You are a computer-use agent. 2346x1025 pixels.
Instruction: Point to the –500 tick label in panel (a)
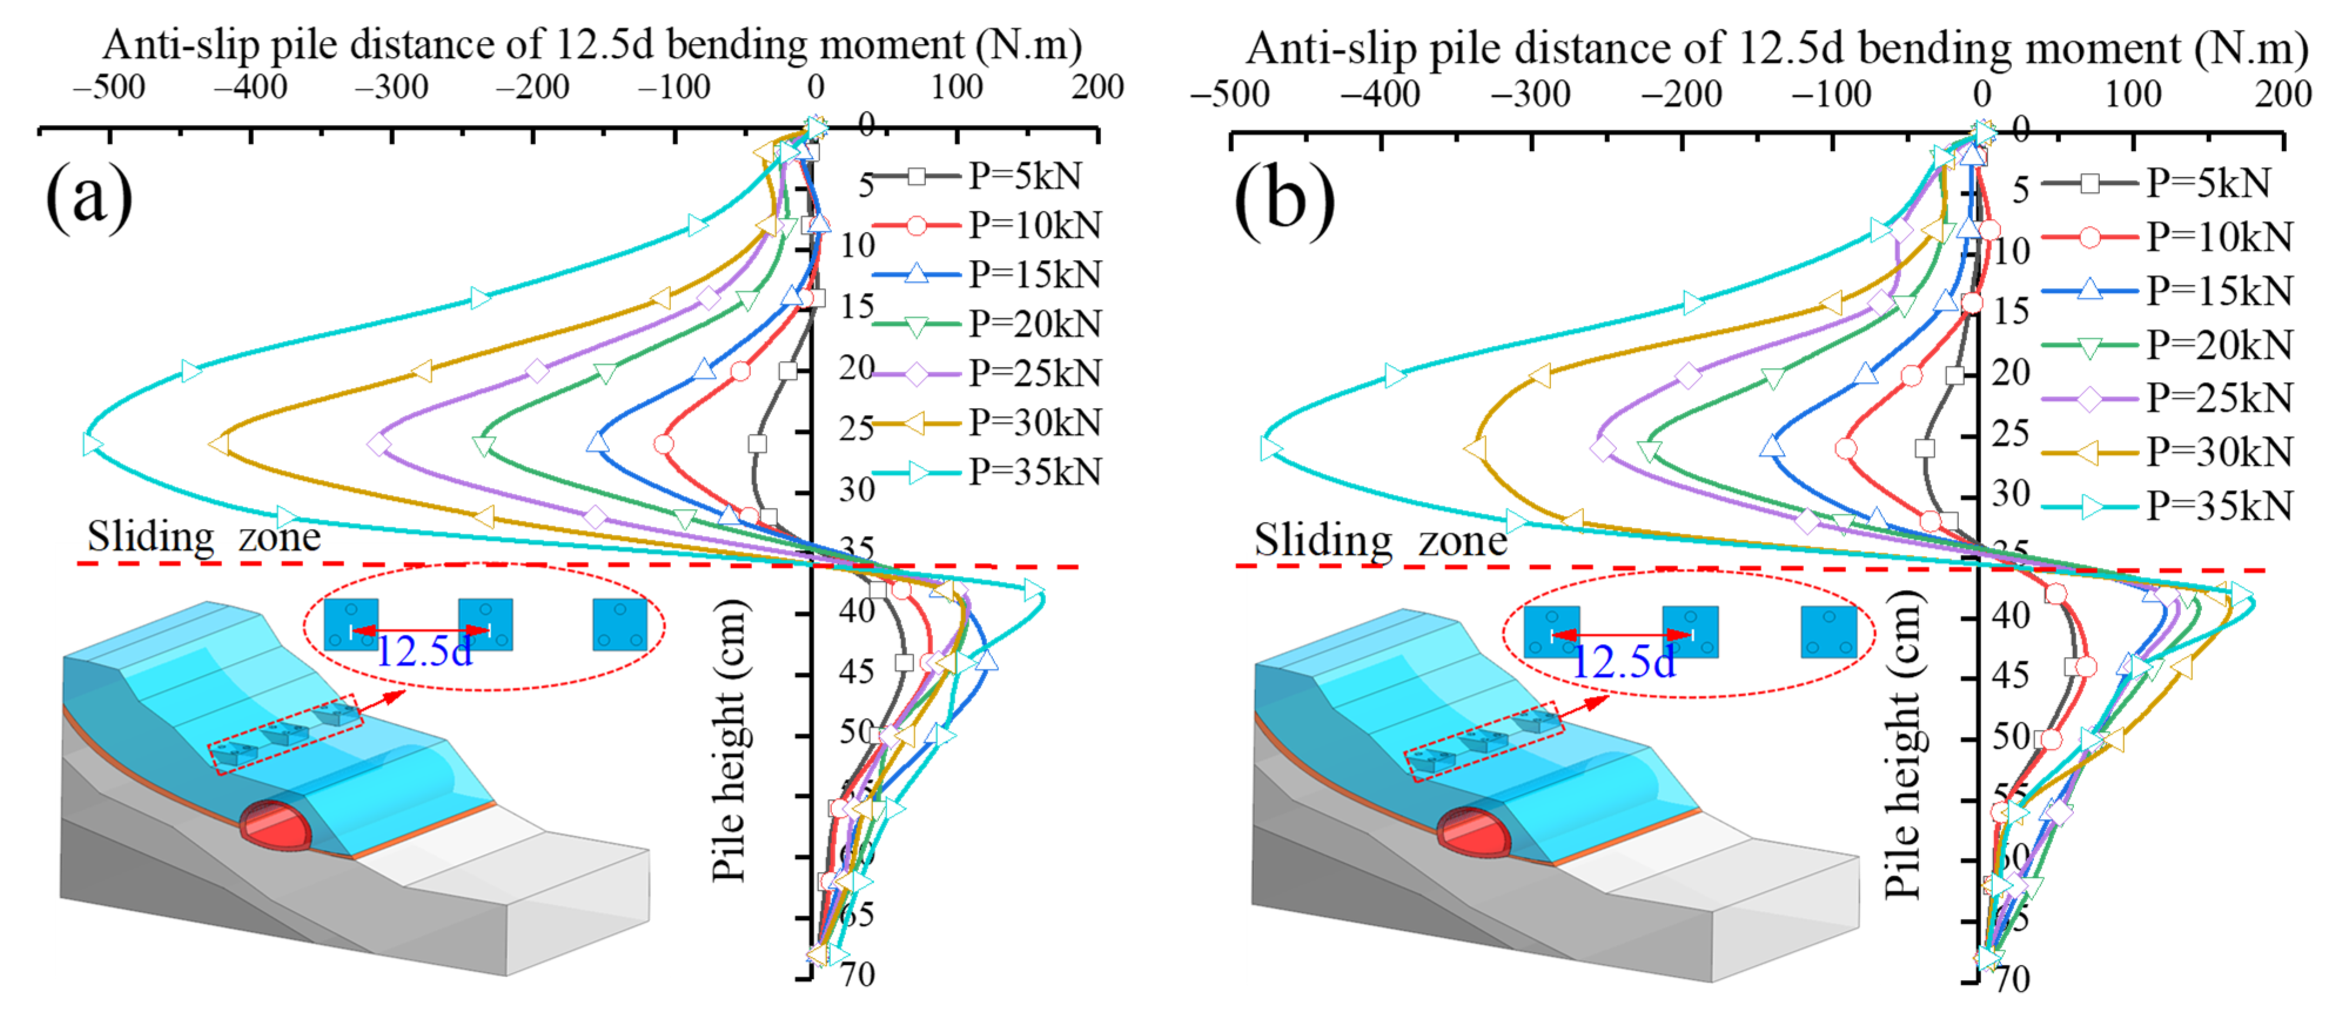click(109, 87)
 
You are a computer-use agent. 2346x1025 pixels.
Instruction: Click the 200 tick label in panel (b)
click(2282, 94)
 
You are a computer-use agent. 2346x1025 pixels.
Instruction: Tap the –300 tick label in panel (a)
click(392, 87)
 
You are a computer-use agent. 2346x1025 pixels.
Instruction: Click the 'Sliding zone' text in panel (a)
click(203, 537)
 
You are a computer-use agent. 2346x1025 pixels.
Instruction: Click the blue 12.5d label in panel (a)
click(424, 652)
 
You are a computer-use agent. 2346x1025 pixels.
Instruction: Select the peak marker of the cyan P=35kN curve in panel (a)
click(91, 444)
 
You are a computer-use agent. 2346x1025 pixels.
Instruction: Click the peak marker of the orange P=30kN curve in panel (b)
click(1475, 449)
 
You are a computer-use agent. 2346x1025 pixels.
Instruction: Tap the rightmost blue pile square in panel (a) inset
click(619, 625)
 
